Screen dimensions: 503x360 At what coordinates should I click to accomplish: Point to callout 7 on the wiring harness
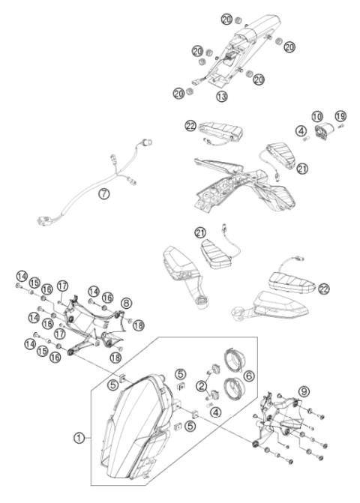[x=105, y=194]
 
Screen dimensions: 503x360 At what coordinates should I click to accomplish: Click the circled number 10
[x=316, y=116]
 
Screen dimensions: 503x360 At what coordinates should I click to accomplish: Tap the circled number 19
[x=340, y=116]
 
